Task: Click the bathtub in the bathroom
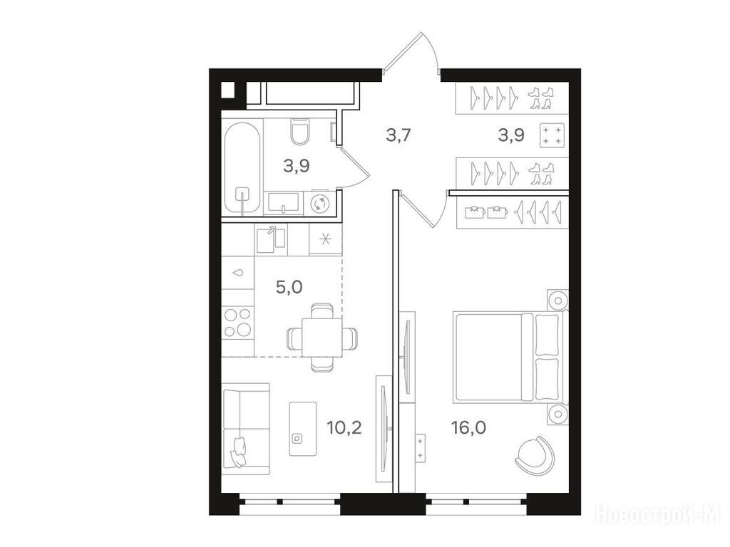click(x=242, y=167)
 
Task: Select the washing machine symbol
click(x=320, y=203)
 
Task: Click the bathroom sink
click(x=283, y=204)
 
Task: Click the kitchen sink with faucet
click(x=271, y=239)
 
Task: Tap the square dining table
click(x=322, y=337)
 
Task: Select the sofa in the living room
click(x=246, y=429)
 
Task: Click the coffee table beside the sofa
click(x=302, y=429)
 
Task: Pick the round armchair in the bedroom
click(x=535, y=454)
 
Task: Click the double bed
click(x=510, y=357)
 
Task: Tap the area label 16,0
click(x=468, y=427)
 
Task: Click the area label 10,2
click(x=344, y=427)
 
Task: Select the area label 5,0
click(x=289, y=287)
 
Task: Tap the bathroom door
click(x=352, y=166)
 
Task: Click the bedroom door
click(x=423, y=209)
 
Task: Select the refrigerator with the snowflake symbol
click(x=325, y=239)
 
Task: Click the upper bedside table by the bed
click(x=557, y=300)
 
